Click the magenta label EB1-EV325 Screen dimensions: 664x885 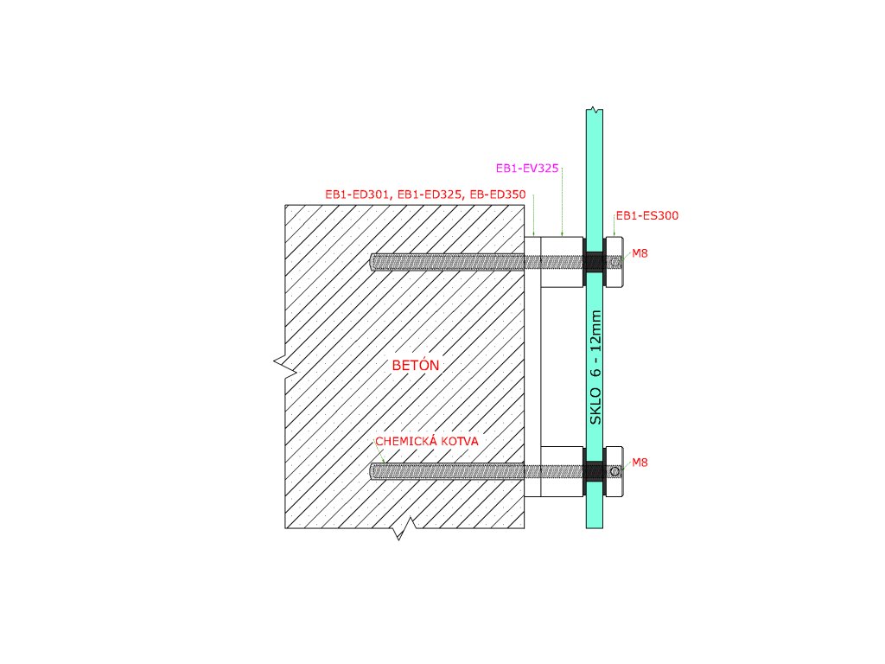(x=527, y=169)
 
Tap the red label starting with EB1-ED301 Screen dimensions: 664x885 (x=425, y=195)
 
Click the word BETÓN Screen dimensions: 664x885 (x=417, y=366)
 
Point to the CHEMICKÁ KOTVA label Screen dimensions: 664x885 (x=426, y=441)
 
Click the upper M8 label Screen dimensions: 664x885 (x=640, y=253)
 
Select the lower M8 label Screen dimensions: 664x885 (x=640, y=463)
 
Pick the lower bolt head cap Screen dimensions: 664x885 (x=614, y=471)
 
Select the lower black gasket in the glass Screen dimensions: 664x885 (x=594, y=471)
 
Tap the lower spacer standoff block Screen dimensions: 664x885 (x=562, y=471)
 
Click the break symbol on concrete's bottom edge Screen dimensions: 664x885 (x=402, y=529)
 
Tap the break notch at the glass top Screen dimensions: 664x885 (x=592, y=110)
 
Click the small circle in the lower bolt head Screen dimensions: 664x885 (x=614, y=471)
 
